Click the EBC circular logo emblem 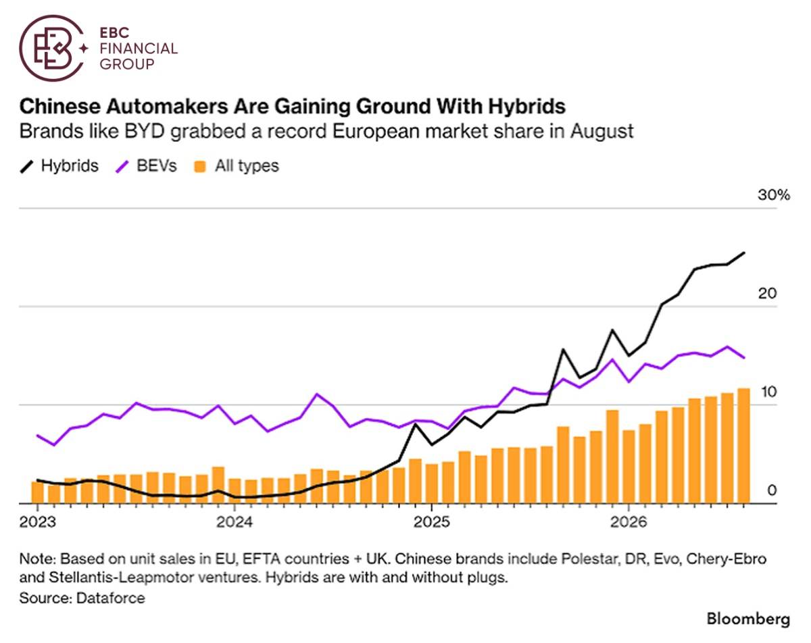click(x=53, y=48)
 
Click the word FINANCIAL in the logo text click(x=139, y=49)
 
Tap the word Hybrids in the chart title click(x=527, y=106)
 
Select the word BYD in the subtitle click(x=145, y=132)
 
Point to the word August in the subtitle click(x=601, y=132)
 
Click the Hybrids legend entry click(x=59, y=165)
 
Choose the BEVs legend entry click(x=146, y=165)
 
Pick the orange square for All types click(x=200, y=167)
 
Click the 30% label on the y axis click(x=774, y=195)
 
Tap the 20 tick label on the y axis click(x=767, y=293)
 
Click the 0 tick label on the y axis click(x=772, y=490)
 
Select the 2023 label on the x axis click(x=37, y=522)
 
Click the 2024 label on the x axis click(x=234, y=522)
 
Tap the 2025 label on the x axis click(x=431, y=522)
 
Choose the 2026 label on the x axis click(x=629, y=522)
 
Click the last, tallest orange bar click(x=743, y=446)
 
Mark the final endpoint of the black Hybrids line click(x=744, y=253)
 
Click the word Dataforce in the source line click(x=110, y=598)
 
